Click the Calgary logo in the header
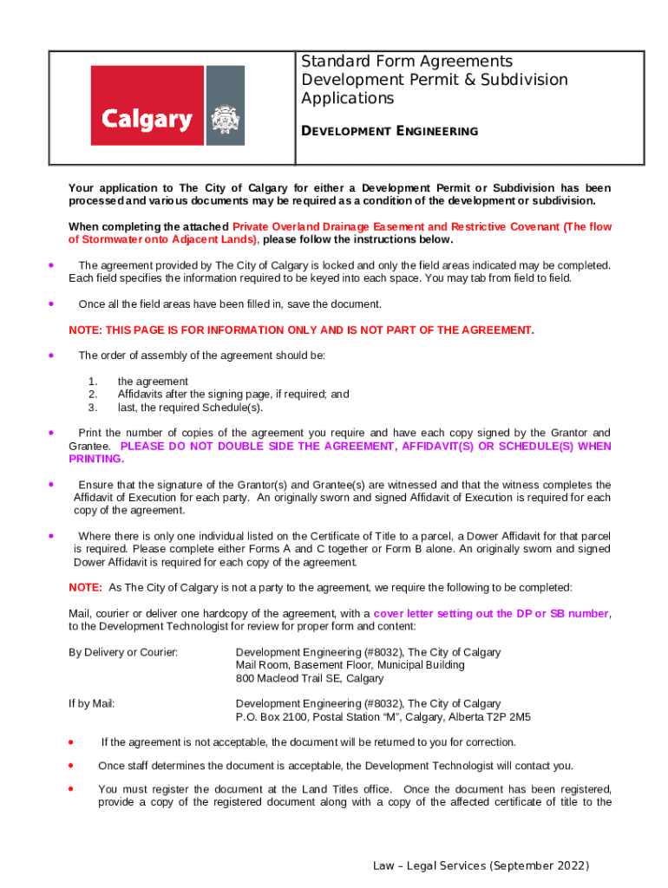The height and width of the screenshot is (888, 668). click(167, 106)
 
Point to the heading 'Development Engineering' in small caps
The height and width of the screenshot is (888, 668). click(390, 131)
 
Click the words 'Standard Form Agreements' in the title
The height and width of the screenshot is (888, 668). click(407, 62)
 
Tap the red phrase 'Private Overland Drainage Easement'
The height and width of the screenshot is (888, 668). click(326, 227)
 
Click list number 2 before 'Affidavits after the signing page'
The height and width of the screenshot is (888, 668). click(93, 395)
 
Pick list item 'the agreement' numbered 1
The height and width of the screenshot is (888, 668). click(153, 382)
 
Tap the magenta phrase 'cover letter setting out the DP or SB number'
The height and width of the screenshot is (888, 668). click(491, 613)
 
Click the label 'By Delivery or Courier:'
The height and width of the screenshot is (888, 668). click(123, 652)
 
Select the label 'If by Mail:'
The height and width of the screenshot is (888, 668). click(92, 704)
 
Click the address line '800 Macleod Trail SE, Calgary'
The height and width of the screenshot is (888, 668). click(310, 678)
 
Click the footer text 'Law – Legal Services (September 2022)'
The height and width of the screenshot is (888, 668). click(481, 866)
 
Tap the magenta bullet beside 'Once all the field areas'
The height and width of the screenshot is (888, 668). click(53, 304)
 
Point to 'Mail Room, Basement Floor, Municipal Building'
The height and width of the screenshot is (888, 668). click(350, 665)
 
